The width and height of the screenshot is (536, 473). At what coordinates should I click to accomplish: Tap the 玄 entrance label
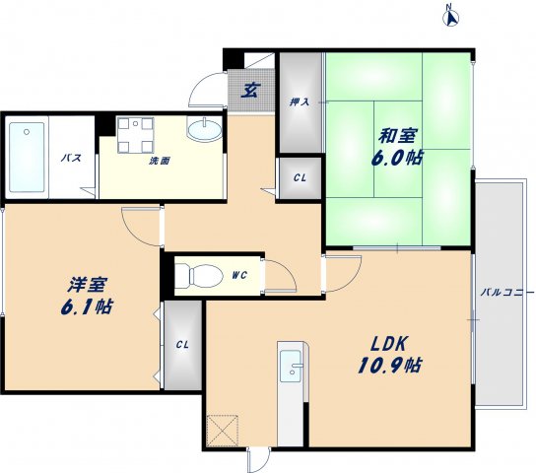tap(250, 90)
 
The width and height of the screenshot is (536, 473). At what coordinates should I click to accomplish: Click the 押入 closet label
tap(300, 101)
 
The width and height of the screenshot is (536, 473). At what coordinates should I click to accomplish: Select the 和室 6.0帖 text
tap(397, 147)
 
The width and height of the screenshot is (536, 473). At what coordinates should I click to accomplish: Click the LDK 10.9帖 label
tap(390, 354)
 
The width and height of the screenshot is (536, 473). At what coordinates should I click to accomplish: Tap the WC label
tap(239, 275)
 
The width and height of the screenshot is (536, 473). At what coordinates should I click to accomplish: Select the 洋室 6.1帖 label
tap(87, 296)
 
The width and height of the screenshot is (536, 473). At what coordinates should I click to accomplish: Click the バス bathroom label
tap(72, 158)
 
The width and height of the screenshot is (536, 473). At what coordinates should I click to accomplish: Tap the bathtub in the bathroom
tap(27, 158)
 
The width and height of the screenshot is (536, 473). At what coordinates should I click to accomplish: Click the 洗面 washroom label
tap(160, 161)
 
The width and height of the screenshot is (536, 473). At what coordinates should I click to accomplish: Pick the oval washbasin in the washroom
tap(204, 129)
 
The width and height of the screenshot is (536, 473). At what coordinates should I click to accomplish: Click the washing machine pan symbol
tap(135, 135)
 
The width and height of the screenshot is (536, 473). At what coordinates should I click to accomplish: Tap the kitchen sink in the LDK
tap(292, 366)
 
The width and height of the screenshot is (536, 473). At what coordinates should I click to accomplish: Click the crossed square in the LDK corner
tap(223, 431)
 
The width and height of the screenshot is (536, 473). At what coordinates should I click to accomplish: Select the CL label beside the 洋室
tap(182, 345)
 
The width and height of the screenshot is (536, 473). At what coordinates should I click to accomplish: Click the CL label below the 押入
tap(300, 178)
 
